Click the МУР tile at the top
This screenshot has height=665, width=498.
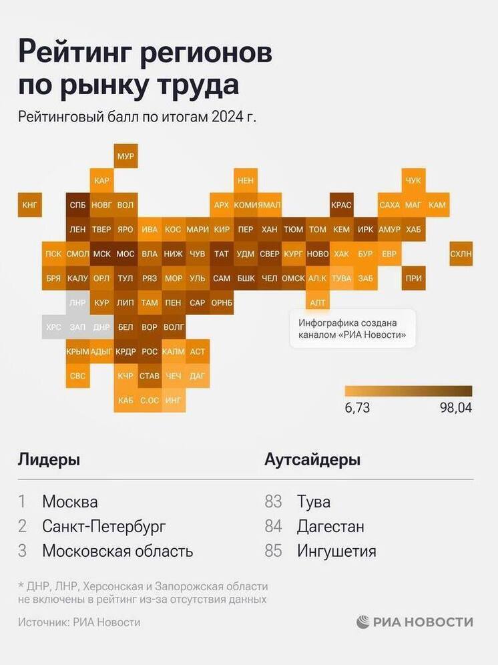[x=126, y=156]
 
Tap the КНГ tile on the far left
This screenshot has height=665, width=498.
[x=30, y=205]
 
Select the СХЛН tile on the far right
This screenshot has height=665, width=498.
[x=461, y=254]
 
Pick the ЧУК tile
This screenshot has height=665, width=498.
[x=414, y=180]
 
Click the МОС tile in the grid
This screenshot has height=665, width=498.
[x=126, y=254]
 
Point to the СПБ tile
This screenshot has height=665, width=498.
[x=77, y=205]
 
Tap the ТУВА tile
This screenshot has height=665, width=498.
[x=341, y=278]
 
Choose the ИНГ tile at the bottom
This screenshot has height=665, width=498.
[x=173, y=400]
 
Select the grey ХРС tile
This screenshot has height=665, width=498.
[x=53, y=327]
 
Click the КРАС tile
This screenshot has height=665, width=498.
[x=341, y=205]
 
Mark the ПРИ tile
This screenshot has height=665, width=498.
[x=414, y=278]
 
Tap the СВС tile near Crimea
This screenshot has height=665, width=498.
[x=77, y=376]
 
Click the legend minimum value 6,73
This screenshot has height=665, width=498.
[x=358, y=407]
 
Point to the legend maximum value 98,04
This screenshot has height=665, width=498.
[x=455, y=407]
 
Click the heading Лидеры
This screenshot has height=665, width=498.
[x=49, y=459]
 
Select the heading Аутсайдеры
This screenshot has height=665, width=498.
[x=312, y=459]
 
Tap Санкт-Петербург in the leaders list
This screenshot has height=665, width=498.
[x=103, y=526]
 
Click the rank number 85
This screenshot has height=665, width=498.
[x=274, y=551]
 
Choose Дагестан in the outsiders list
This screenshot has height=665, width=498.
[x=330, y=526]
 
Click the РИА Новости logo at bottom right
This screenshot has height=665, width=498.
[x=415, y=622]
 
